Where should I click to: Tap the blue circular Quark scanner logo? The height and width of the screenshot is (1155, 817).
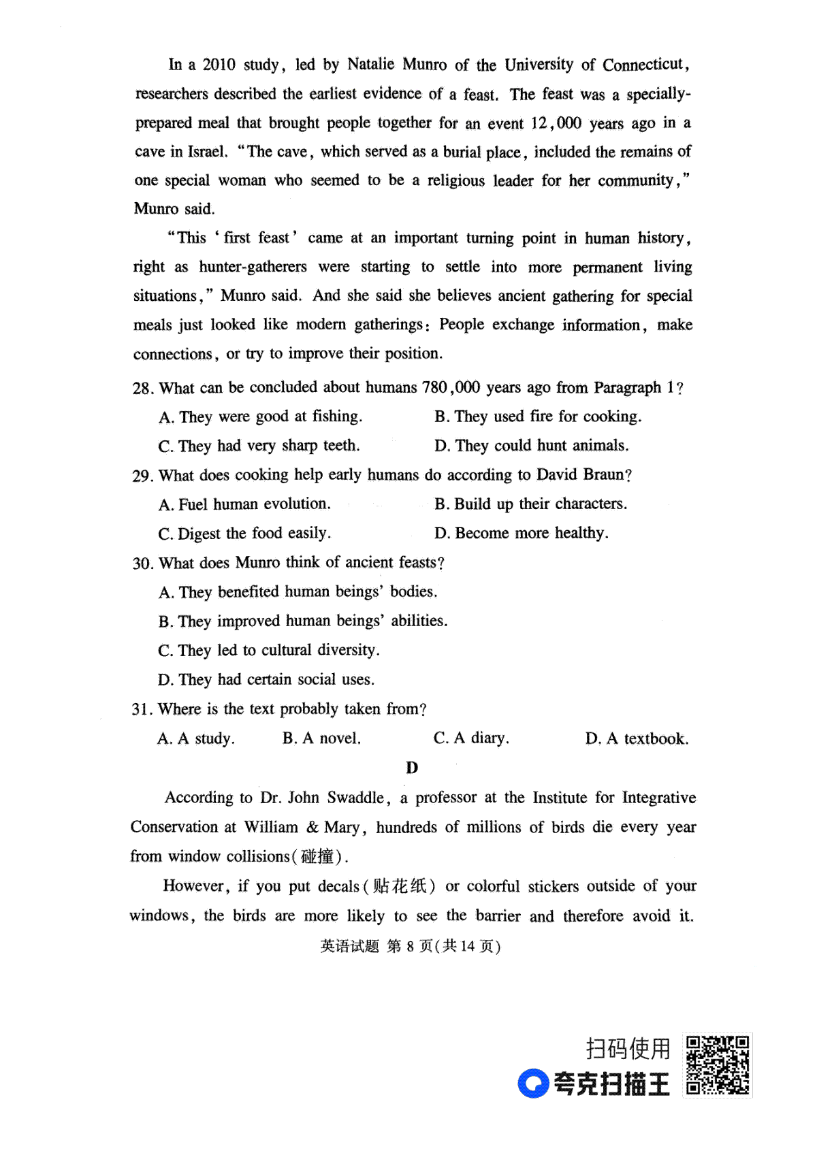pos(532,1084)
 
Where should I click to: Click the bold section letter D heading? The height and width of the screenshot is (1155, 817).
pos(412,768)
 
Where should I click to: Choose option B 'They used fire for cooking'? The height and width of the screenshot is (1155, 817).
pos(538,417)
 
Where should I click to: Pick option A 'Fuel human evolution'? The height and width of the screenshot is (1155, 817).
pos(244,504)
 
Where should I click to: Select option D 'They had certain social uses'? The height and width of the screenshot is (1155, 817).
pos(266,679)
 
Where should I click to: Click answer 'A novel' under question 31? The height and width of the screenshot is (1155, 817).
pos(321,738)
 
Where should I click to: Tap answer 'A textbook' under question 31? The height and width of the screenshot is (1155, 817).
pos(637,738)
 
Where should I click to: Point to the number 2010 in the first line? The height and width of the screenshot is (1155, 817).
pos(219,65)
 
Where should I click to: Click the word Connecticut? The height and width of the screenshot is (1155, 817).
pos(643,65)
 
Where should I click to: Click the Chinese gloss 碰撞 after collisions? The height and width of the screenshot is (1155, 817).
pos(318,856)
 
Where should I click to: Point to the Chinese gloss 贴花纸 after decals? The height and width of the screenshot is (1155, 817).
pos(400,886)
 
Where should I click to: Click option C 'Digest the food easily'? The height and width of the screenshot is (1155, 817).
pos(244,534)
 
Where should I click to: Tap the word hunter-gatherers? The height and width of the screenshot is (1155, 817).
pos(253,267)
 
